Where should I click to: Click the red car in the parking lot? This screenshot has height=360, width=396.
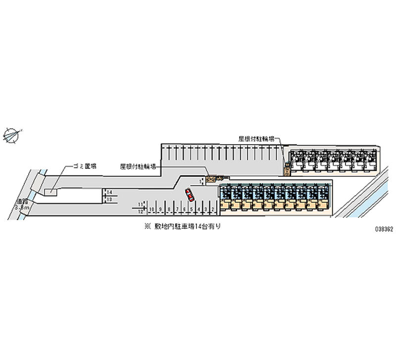[190, 195]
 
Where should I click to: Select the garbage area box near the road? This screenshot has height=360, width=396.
[50, 191]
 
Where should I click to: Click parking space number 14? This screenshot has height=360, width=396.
[109, 192]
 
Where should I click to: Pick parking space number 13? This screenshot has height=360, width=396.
[109, 199]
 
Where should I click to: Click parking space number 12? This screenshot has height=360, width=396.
[141, 211]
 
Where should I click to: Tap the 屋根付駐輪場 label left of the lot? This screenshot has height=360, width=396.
[139, 167]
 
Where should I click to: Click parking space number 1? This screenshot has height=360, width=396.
[201, 182]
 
